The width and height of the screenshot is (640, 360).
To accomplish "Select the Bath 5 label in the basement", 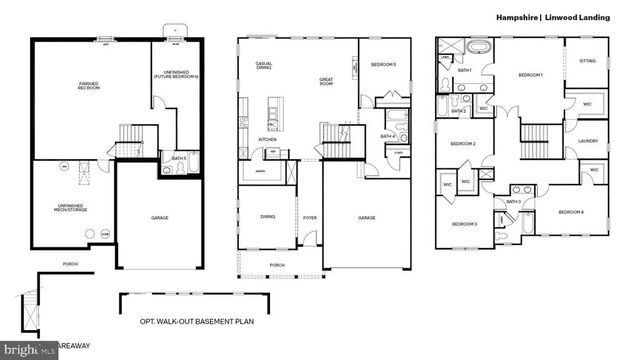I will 178,157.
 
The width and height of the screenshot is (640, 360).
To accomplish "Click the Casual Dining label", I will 265,66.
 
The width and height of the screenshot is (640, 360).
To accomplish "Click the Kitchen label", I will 267,139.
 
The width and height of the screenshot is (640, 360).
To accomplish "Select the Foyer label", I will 310,217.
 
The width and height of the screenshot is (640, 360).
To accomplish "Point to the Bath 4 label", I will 387,136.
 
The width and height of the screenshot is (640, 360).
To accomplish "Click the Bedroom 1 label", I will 530,75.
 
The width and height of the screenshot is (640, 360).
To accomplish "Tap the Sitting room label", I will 587,61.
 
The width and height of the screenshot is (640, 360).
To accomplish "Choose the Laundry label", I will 588,141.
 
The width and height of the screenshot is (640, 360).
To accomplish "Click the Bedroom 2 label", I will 462,144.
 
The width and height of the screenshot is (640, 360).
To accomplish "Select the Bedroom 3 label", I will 463,224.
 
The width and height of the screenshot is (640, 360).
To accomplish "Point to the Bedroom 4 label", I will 571,212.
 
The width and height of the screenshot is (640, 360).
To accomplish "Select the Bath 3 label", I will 513,202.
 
